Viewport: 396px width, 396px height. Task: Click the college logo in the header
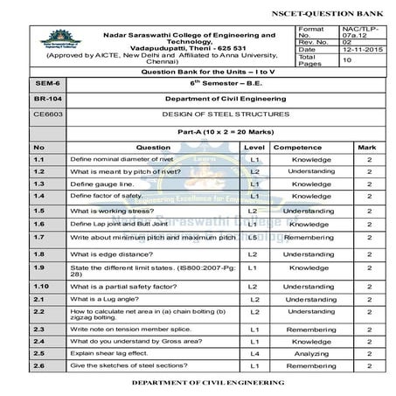54,43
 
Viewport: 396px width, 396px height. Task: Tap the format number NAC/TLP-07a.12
357,33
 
